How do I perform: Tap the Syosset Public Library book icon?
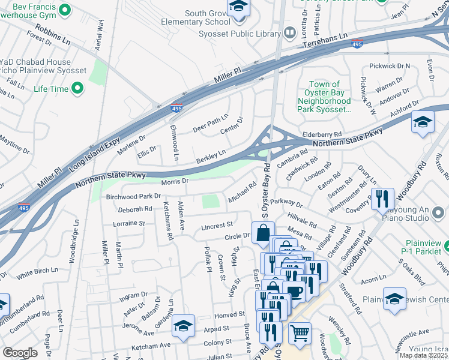291,32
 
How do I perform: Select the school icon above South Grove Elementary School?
238,8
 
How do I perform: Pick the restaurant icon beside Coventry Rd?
382,199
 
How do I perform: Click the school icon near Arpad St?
183,326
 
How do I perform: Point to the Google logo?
20,353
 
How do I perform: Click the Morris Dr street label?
175,181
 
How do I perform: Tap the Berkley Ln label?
211,157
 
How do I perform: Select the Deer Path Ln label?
210,122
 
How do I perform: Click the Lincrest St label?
217,225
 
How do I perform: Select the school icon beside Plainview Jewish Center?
394,299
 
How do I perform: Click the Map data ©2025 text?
423,355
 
